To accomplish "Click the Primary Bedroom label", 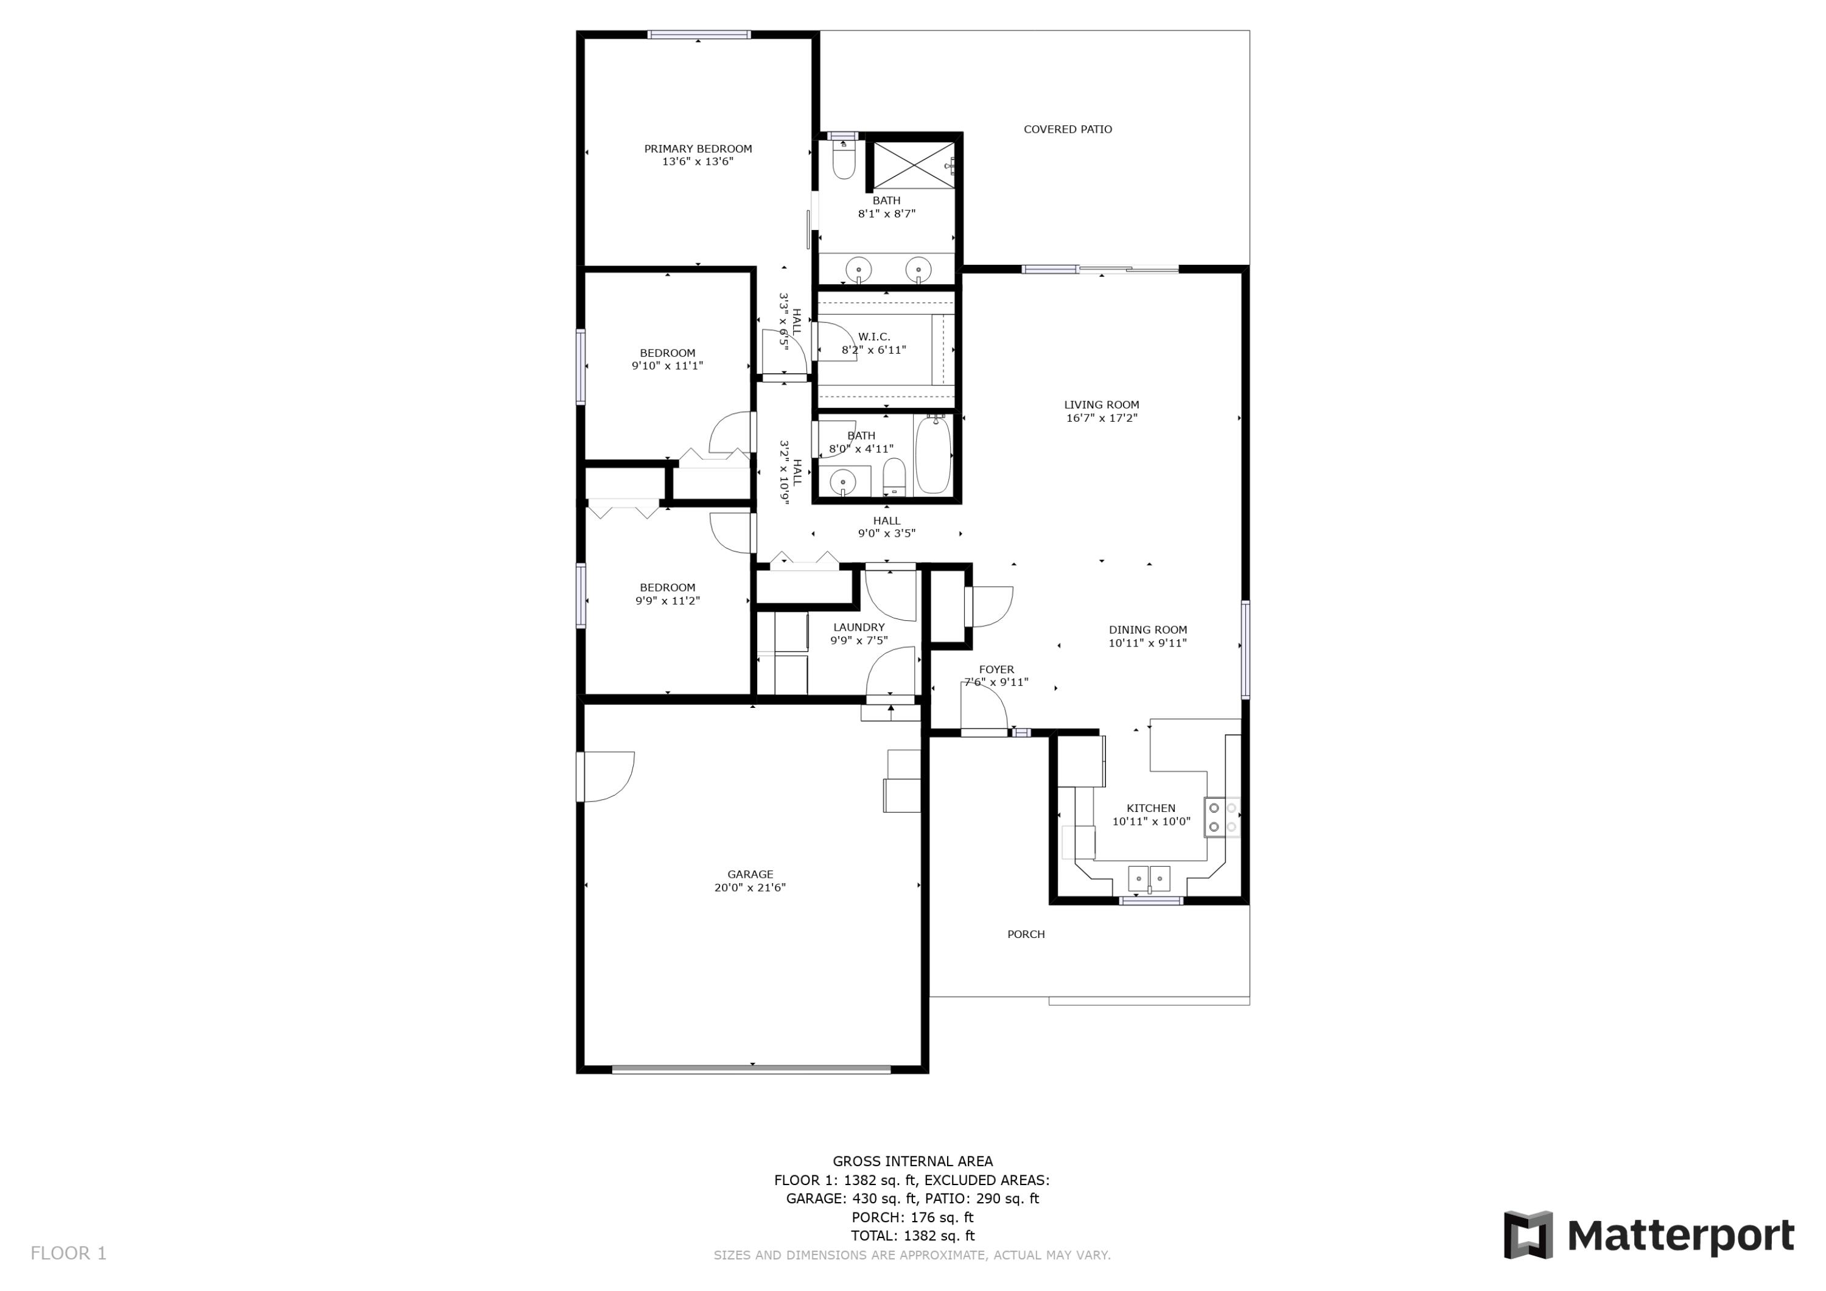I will point(698,149).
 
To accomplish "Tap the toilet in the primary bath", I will point(843,161).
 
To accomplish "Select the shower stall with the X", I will point(914,166).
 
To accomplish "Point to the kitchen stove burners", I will point(1222,817).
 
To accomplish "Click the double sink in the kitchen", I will point(1149,878).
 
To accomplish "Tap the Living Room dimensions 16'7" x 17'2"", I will point(1102,418).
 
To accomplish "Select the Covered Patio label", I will point(1067,129).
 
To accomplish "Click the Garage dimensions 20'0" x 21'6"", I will point(749,887).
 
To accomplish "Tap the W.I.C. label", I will point(874,337).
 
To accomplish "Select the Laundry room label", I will point(858,627).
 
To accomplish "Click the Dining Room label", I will point(1147,629).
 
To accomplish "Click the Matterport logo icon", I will point(1528,1236).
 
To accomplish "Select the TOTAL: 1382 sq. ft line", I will point(912,1236).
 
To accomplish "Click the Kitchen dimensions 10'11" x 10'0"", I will point(1151,822).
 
